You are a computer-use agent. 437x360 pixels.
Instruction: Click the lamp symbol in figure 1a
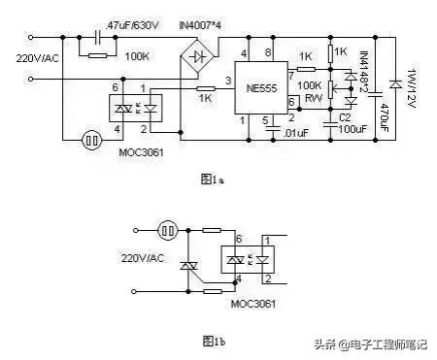[93, 139]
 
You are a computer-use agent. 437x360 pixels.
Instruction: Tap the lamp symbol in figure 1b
[167, 231]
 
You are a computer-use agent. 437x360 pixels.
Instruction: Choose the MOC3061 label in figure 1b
[252, 304]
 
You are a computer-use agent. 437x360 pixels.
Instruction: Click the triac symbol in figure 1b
[189, 268]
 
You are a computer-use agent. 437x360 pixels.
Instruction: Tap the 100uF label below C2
[347, 129]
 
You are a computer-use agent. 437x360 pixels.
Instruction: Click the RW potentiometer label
[313, 98]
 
